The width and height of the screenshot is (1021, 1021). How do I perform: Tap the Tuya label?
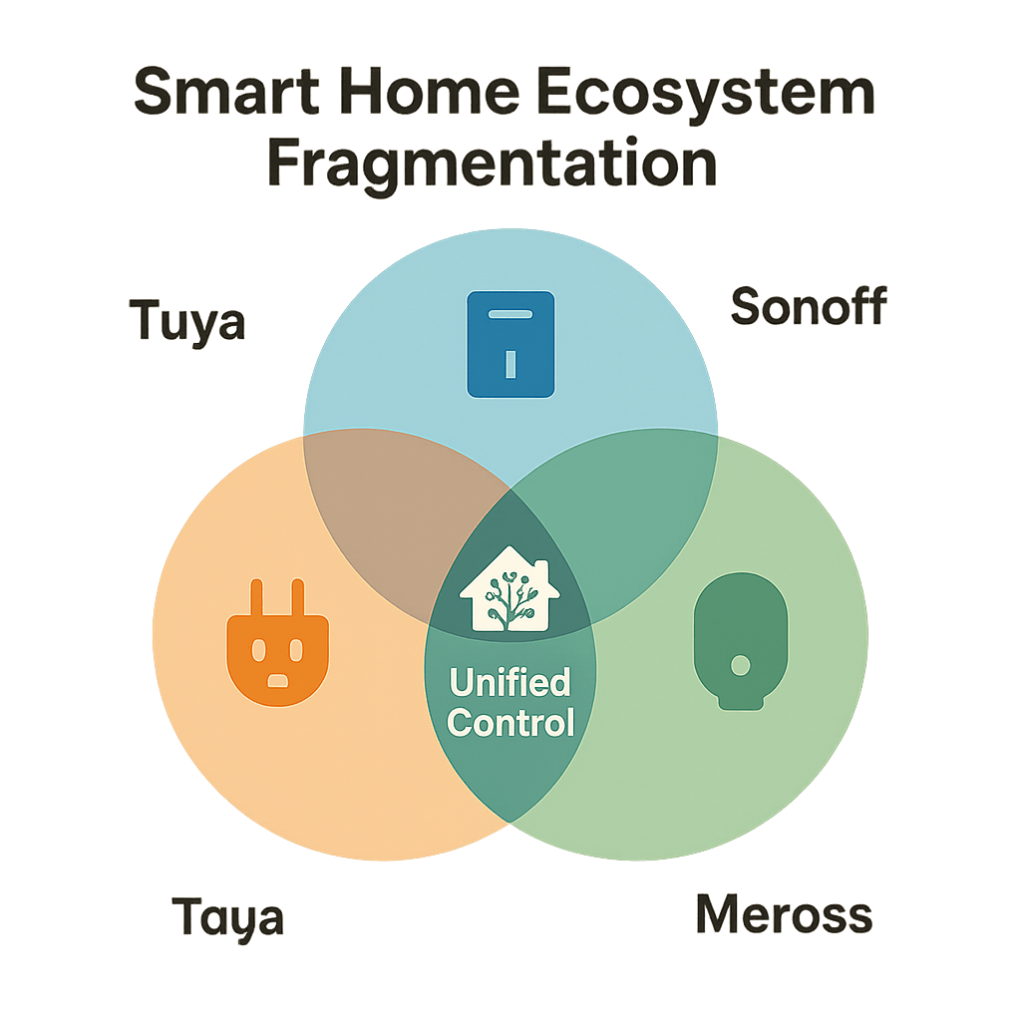click(187, 322)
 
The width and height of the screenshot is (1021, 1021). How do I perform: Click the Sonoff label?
click(808, 306)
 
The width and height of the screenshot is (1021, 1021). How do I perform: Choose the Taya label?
click(227, 916)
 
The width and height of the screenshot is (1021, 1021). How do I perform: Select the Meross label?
click(784, 914)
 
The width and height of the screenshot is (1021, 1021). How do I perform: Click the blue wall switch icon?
click(510, 344)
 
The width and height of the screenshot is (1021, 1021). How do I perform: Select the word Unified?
click(510, 683)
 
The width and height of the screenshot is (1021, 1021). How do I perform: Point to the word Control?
click(510, 721)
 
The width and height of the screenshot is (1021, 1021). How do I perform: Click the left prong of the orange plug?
click(256, 599)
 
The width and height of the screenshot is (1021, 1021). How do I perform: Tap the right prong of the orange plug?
click(297, 599)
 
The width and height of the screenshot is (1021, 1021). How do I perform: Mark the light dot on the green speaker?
click(740, 664)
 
